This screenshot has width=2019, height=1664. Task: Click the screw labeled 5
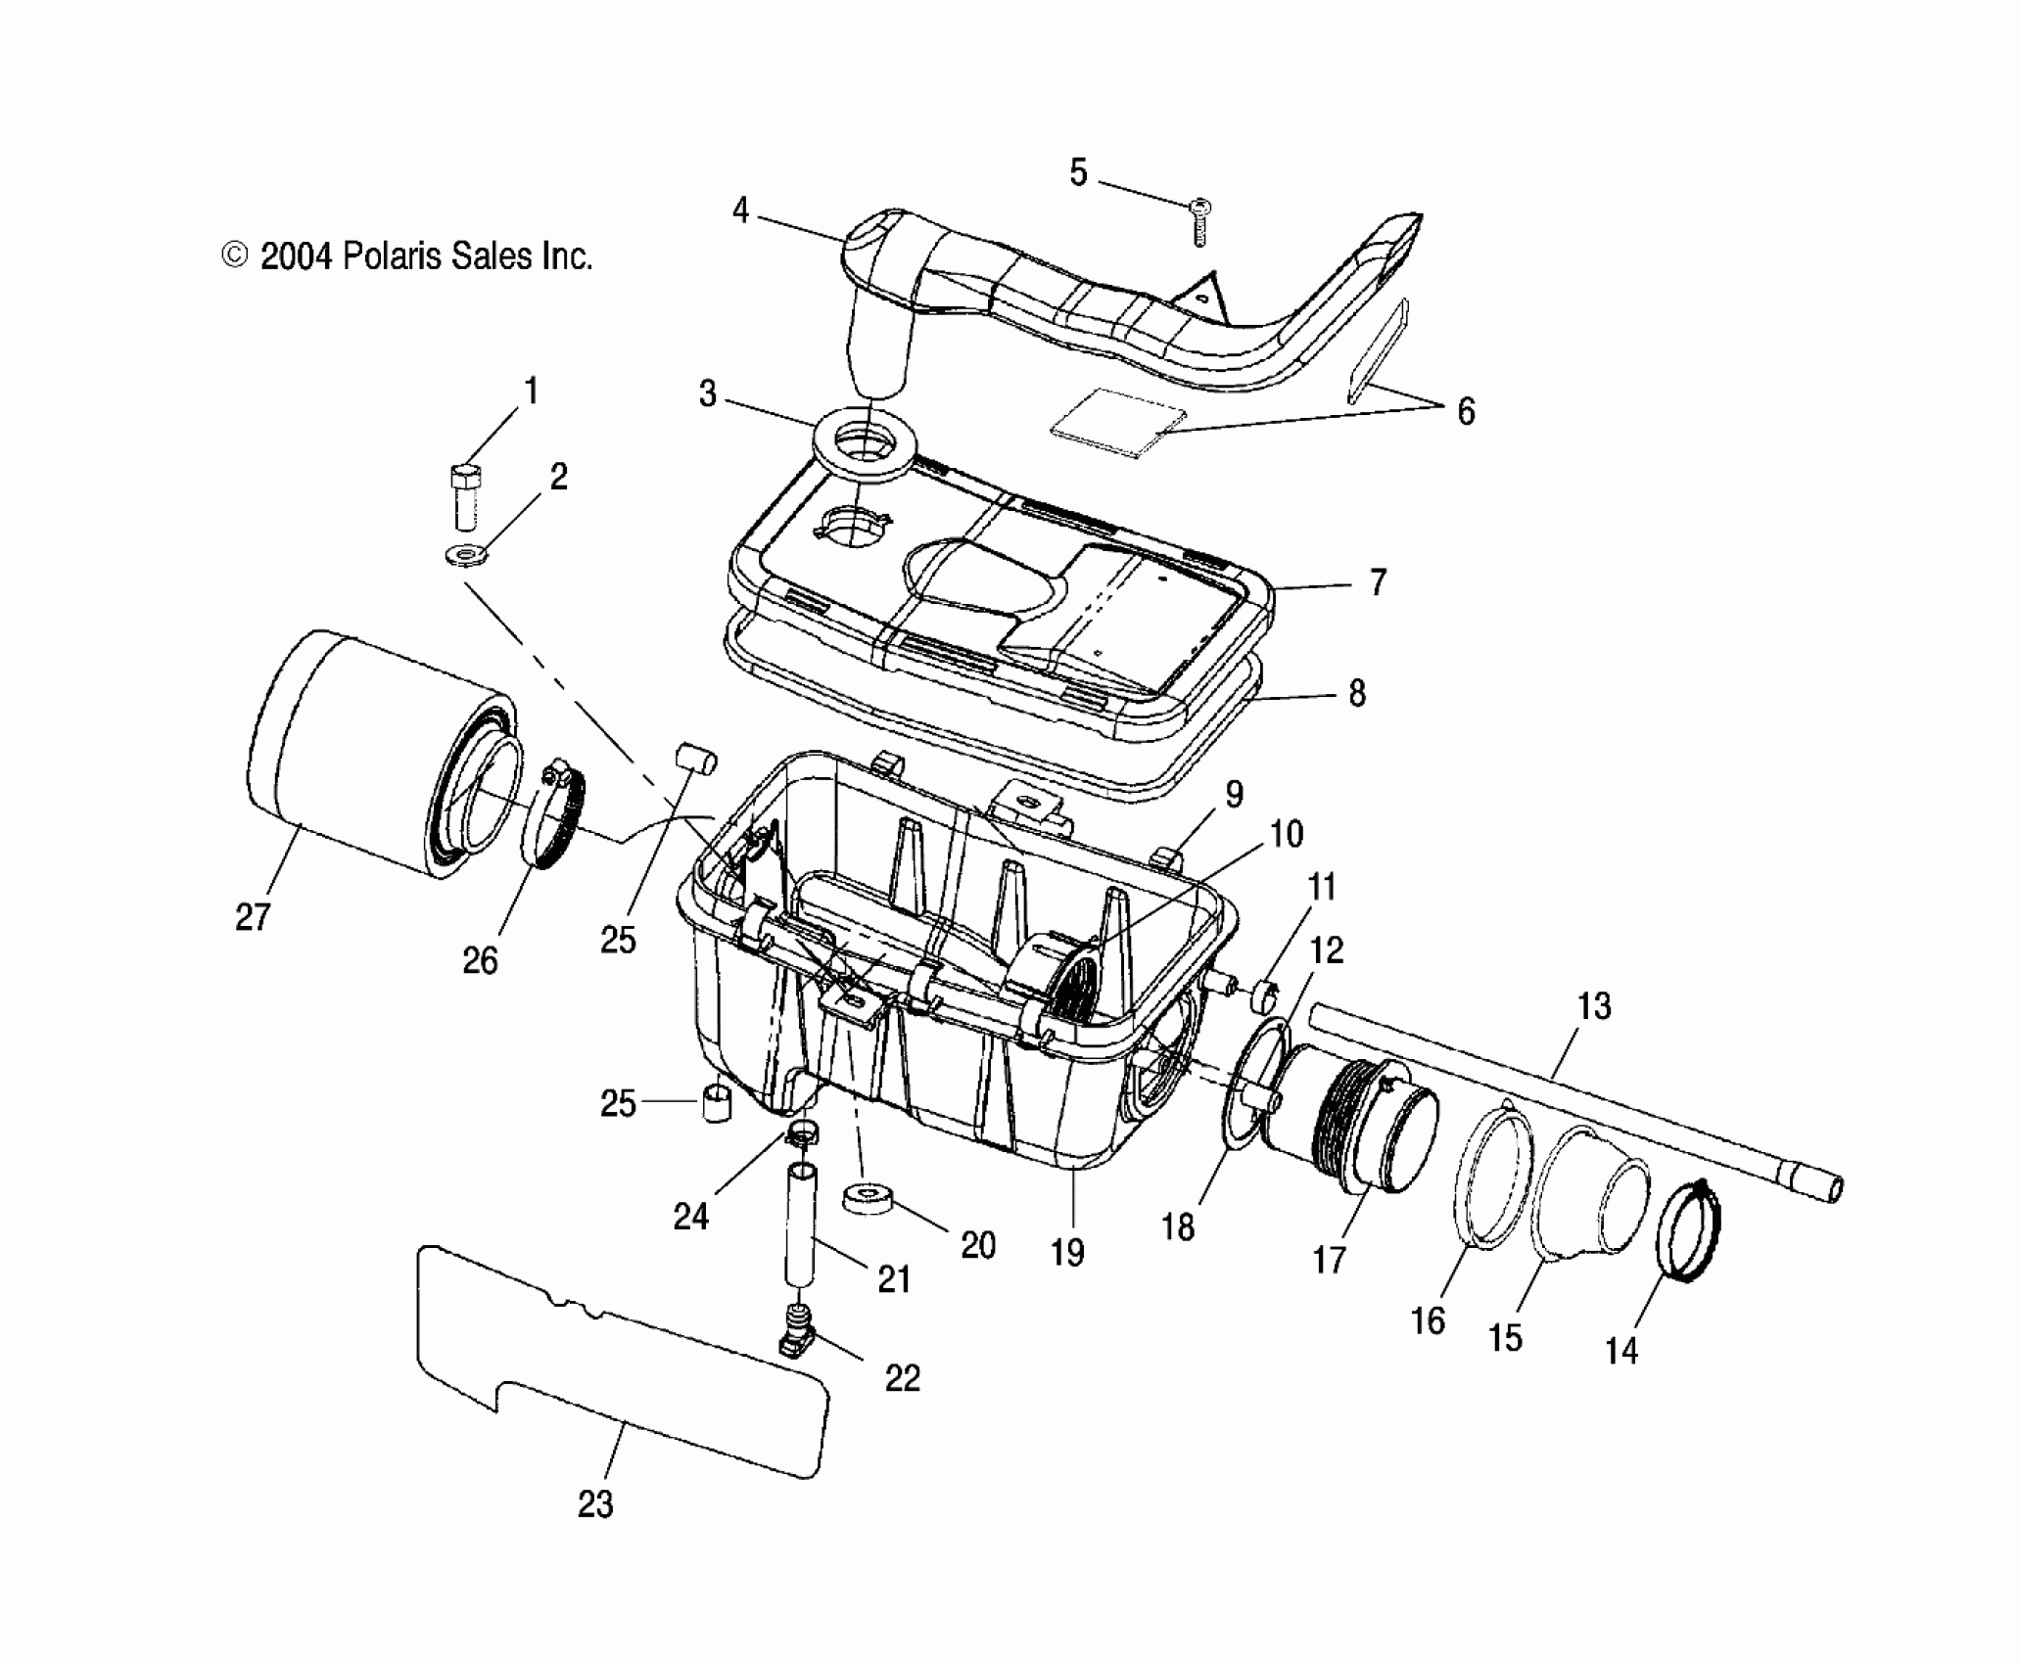point(1200,221)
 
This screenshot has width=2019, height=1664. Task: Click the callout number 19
point(1067,1253)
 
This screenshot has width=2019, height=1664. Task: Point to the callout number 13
point(1595,1005)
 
